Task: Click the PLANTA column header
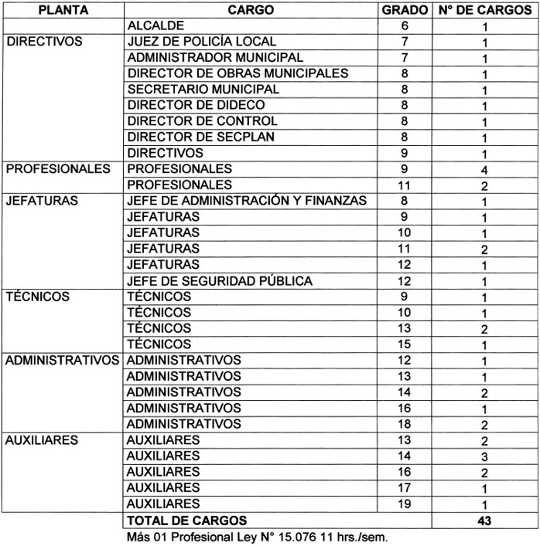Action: tap(62, 11)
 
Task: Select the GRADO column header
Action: tap(405, 11)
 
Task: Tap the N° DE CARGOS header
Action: tap(484, 11)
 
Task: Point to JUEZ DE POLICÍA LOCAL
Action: tap(201, 42)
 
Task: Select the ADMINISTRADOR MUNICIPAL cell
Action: tap(215, 58)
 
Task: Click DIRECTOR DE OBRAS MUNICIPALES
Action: tap(238, 73)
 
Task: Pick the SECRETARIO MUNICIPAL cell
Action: tap(203, 90)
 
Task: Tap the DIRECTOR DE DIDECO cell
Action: tap(196, 105)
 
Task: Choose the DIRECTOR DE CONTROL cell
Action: tap(202, 121)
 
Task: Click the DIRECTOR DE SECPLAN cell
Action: tap(201, 137)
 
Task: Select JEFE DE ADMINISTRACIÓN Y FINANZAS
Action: tap(247, 201)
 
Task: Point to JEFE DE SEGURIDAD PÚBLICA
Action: tap(219, 280)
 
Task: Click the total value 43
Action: tap(484, 521)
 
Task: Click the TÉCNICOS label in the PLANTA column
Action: tap(37, 297)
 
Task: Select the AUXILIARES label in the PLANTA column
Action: tap(43, 439)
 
